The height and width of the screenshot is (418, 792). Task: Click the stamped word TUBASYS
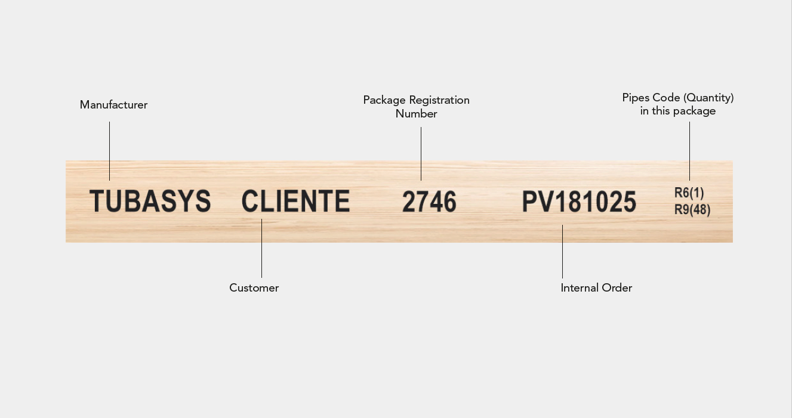pyautogui.click(x=150, y=201)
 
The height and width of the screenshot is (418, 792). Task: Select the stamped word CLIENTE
pyautogui.click(x=295, y=201)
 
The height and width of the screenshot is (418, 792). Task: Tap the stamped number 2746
pyautogui.click(x=429, y=202)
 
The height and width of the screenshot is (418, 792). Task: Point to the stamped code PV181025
pyautogui.click(x=579, y=202)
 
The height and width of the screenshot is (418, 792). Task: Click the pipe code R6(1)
pyautogui.click(x=689, y=193)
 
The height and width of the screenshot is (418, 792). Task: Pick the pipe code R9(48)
pyautogui.click(x=692, y=210)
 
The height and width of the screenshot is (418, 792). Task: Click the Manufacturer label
pyautogui.click(x=113, y=105)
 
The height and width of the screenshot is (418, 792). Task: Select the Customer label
pyautogui.click(x=254, y=288)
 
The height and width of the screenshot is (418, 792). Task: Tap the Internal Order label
pyautogui.click(x=596, y=288)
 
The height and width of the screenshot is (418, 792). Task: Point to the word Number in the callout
pyautogui.click(x=417, y=114)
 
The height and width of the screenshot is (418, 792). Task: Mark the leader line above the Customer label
pyautogui.click(x=261, y=247)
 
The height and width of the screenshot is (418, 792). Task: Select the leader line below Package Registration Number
pyautogui.click(x=421, y=153)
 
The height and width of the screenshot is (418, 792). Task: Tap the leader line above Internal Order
pyautogui.click(x=562, y=251)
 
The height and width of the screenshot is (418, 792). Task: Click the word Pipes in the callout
pyautogui.click(x=636, y=98)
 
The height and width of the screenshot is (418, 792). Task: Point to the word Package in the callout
pyautogui.click(x=384, y=100)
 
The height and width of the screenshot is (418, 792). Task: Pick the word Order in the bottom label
pyautogui.click(x=617, y=288)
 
